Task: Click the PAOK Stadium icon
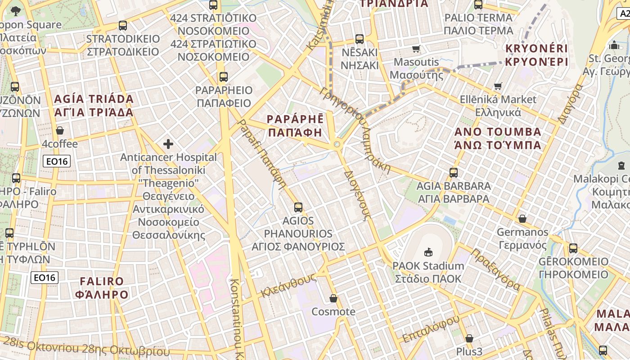428,252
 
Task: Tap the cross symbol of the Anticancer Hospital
168,144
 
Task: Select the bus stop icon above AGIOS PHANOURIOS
298,207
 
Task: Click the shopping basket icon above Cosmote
333,298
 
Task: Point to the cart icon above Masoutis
416,49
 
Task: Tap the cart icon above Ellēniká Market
498,86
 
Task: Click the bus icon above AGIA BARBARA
453,172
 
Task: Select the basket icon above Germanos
522,219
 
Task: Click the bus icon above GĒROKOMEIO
573,248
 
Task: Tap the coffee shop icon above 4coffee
59,130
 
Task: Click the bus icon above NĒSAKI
359,39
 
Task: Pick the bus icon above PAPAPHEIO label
223,76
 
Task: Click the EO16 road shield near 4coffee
57,161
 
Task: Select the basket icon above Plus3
469,338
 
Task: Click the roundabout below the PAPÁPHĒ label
337,144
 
